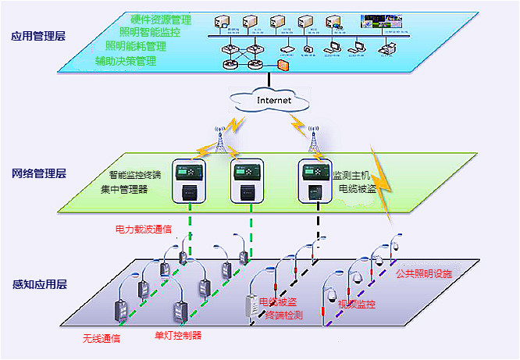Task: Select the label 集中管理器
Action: pos(123,190)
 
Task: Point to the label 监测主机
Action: pos(351,176)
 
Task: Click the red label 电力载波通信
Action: pos(144,231)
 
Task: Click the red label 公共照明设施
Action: pos(425,274)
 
